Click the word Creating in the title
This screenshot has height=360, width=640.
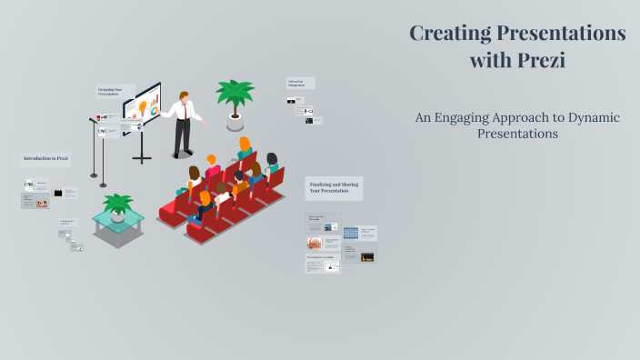pyautogui.click(x=451, y=34)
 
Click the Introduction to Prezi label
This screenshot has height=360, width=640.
pyautogui.click(x=45, y=158)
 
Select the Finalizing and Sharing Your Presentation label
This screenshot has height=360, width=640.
pyautogui.click(x=334, y=188)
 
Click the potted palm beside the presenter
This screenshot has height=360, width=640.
pyautogui.click(x=235, y=95)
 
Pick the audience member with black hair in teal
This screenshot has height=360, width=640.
pyautogui.click(x=271, y=163)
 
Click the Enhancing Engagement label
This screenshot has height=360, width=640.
pyautogui.click(x=301, y=83)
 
